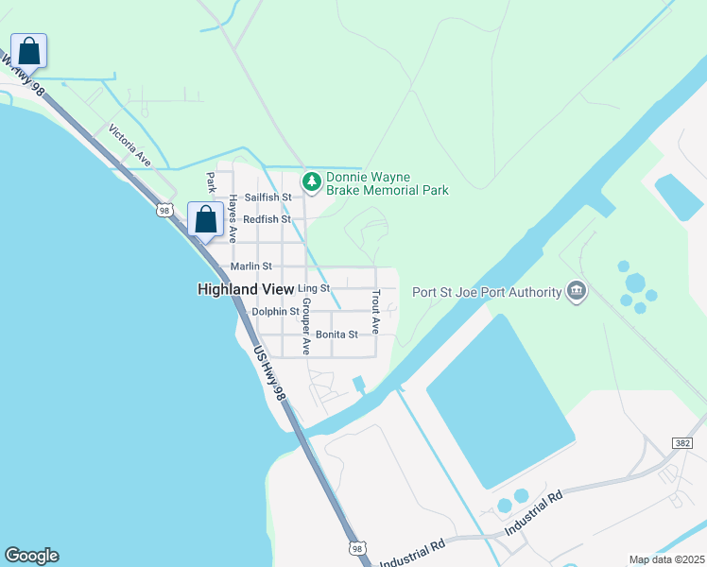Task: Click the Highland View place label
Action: point(245,289)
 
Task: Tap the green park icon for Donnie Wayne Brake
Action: point(310,180)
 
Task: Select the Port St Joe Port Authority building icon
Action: point(577,291)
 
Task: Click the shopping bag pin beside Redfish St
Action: point(205,219)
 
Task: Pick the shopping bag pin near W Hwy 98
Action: point(29,51)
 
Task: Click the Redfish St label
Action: point(267,219)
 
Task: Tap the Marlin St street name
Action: point(251,266)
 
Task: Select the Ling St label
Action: point(313,288)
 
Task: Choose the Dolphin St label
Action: point(275,311)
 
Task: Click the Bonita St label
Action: point(336,335)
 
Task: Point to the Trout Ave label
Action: point(375,313)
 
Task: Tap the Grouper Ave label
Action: point(305,327)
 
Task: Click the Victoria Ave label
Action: point(129,146)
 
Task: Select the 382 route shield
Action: point(681,442)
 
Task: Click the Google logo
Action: point(31,556)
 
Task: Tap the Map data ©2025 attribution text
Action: point(666,559)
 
